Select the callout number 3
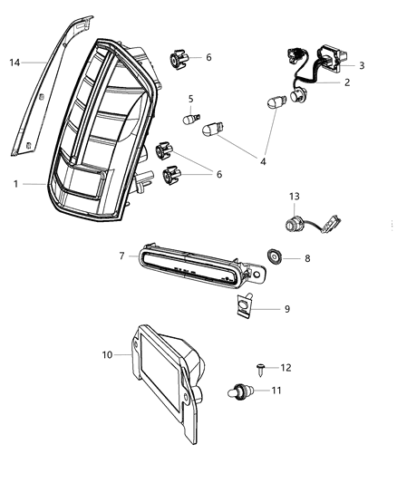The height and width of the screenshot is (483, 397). click(363, 65)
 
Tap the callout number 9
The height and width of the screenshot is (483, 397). click(287, 308)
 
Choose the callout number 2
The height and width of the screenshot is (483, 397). click(345, 82)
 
